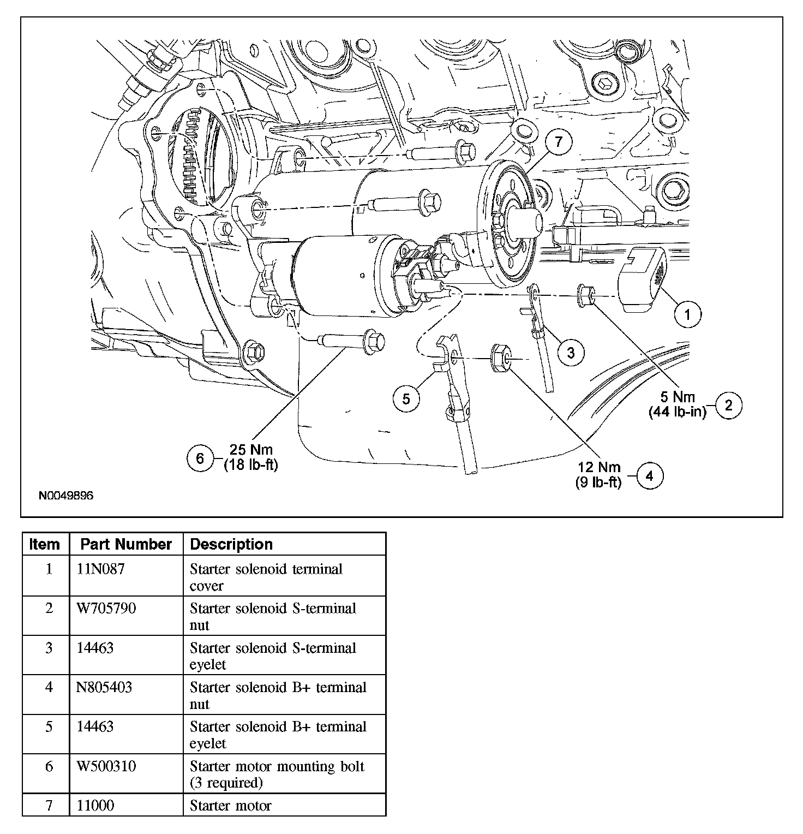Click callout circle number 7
[558, 142]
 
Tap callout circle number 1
[687, 314]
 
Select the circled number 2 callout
[728, 405]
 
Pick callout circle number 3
[571, 352]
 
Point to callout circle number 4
[649, 476]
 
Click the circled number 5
[406, 398]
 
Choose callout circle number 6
[200, 458]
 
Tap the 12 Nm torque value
[599, 467]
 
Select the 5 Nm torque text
[677, 397]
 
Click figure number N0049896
[66, 496]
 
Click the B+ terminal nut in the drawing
[501, 358]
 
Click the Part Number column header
[126, 544]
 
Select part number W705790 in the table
[106, 608]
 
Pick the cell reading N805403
[104, 687]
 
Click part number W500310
[106, 766]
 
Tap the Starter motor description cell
[230, 806]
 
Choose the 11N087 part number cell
[100, 569]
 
